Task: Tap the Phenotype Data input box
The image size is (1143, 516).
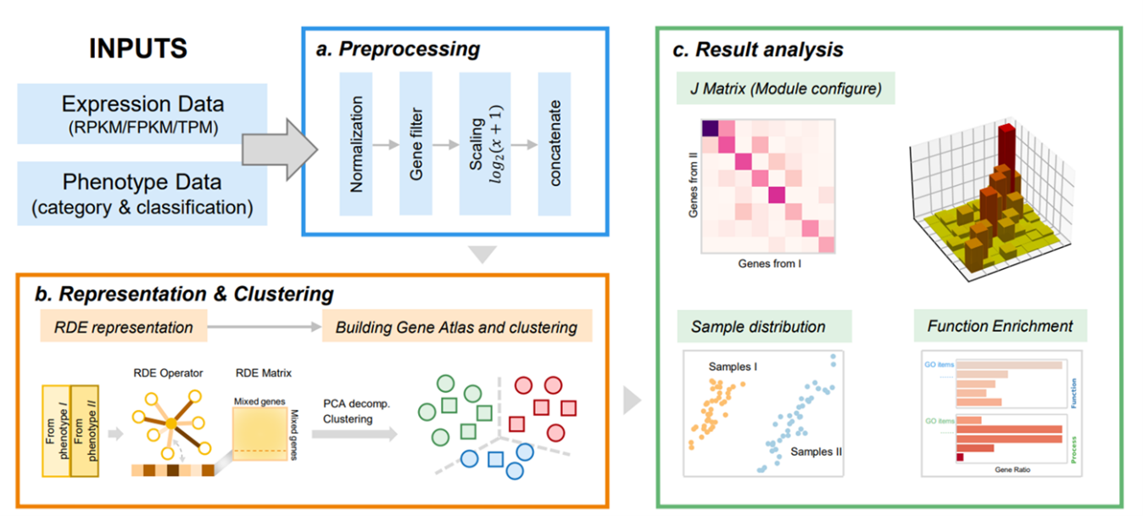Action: click(x=142, y=193)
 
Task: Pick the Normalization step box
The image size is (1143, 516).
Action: click(x=356, y=143)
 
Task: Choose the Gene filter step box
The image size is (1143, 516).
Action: click(x=415, y=143)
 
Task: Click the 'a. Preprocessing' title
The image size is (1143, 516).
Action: click(x=398, y=49)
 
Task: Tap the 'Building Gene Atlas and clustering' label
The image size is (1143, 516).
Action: click(x=456, y=327)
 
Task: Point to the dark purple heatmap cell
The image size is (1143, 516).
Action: click(x=709, y=128)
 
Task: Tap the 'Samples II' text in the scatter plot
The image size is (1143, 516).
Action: click(x=816, y=451)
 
